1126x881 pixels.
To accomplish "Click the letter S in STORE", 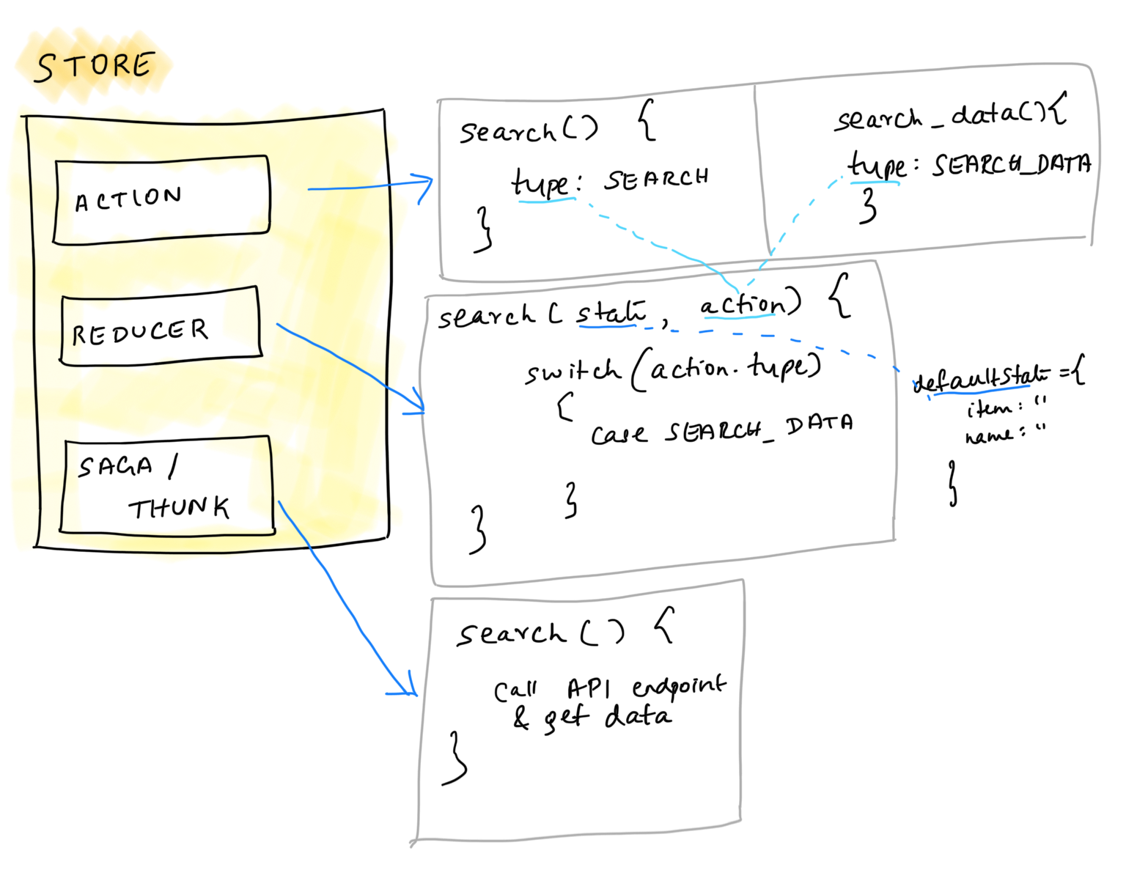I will pyautogui.click(x=45, y=68).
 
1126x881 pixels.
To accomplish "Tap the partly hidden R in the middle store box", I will pyautogui.click(x=77, y=336).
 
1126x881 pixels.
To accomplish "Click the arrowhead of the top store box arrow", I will pyautogui.click(x=428, y=183).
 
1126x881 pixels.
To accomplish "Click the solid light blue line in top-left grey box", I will pyautogui.click(x=547, y=200).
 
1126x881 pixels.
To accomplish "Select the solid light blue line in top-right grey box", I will pyautogui.click(x=875, y=183).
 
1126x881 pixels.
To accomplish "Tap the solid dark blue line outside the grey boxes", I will pyautogui.click(x=982, y=390).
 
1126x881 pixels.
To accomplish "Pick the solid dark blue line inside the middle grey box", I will pyautogui.click(x=607, y=326).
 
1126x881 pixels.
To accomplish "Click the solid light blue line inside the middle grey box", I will pyautogui.click(x=739, y=317).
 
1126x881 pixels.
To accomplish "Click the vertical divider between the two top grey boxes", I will pyautogui.click(x=761, y=169).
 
